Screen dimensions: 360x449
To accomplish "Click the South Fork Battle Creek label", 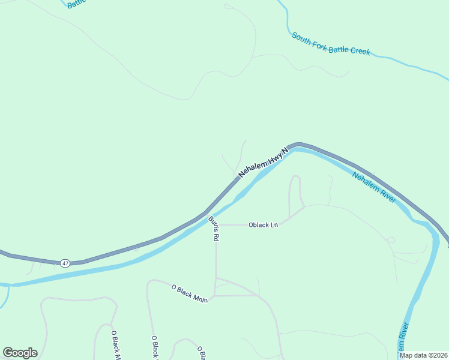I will pos(331,44).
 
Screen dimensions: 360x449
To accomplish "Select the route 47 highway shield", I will pos(64,263).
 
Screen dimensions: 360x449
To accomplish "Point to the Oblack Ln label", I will pos(264,225).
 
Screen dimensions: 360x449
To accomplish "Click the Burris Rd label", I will pos(214,229).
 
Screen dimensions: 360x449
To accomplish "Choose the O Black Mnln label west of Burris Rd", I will pos(189,293).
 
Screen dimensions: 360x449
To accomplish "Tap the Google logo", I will pos(20,353).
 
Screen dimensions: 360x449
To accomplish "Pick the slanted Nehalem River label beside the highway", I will pos(374,187).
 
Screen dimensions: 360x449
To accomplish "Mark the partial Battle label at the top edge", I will pos(77,4).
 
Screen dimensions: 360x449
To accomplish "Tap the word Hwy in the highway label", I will pos(274,156).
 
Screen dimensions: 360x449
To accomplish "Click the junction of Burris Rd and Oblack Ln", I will pos(215,225).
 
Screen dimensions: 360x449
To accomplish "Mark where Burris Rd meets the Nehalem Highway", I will pos(206,212).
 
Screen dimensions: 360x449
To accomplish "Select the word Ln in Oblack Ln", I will pos(274,225).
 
